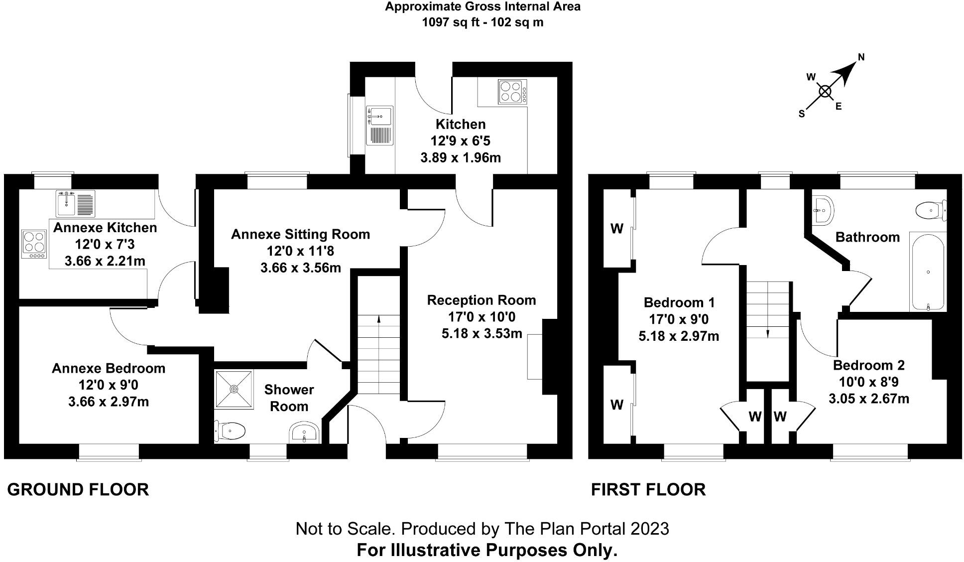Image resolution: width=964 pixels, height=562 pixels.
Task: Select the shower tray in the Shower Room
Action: (234, 389)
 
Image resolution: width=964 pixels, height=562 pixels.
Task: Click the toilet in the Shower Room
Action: (230, 431)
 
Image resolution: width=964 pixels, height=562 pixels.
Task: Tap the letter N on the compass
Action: (861, 57)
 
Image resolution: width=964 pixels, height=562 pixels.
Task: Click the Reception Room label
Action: (481, 300)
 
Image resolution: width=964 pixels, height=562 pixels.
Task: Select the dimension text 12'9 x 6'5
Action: (460, 141)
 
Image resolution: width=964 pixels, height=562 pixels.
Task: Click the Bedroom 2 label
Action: (868, 365)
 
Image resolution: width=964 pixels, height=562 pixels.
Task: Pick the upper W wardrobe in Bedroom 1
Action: (617, 229)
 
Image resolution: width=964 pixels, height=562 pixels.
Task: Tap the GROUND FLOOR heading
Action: (78, 490)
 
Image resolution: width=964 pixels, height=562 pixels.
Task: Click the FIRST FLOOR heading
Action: (648, 490)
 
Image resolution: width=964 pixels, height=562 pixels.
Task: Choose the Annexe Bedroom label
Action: (109, 369)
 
